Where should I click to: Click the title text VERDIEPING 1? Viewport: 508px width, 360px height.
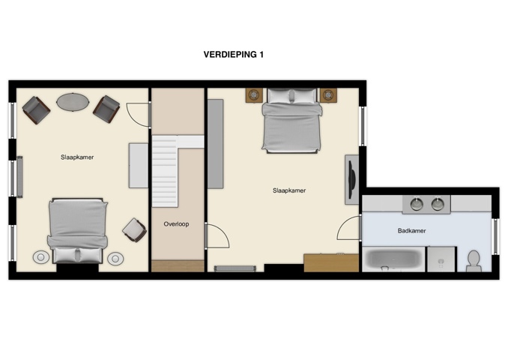coord(233,55)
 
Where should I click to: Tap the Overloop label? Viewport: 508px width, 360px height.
coord(176,223)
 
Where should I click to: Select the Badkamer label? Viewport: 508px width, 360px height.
coord(411,231)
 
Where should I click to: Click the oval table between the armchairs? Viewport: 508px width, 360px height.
coord(72,101)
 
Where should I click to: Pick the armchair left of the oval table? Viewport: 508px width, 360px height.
coord(36,110)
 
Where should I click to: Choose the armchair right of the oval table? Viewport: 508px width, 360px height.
coord(106,109)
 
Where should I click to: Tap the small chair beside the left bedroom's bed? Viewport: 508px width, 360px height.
coord(134,229)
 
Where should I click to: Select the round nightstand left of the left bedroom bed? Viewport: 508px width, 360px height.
coord(40,258)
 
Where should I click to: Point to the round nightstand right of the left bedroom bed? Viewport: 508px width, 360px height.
coord(115,258)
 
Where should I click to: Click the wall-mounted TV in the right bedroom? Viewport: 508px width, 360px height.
coord(351,179)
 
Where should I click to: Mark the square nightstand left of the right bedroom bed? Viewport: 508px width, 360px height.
coord(254,95)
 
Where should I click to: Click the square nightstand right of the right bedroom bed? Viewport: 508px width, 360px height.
coord(327,95)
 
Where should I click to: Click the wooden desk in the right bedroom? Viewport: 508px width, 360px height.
coord(330,262)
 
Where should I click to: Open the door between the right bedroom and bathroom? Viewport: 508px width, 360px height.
coord(349,228)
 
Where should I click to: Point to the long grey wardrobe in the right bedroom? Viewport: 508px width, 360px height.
coord(215,143)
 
